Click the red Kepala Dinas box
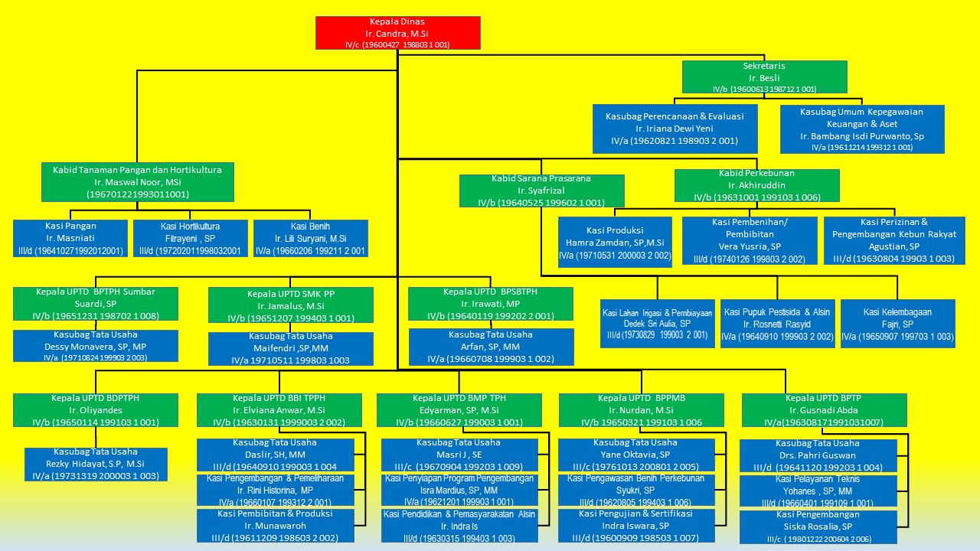tap(398, 33)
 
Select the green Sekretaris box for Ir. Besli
tap(764, 77)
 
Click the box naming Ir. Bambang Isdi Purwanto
tap(862, 129)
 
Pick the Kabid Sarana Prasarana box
tap(542, 191)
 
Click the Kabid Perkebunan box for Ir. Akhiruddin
tap(756, 185)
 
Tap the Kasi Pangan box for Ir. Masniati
tap(70, 238)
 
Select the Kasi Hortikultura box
tap(191, 238)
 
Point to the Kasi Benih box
tap(311, 238)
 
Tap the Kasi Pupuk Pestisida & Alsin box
tap(777, 324)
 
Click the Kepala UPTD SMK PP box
tap(291, 305)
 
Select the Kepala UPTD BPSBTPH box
tap(491, 304)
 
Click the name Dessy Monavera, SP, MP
tap(96, 346)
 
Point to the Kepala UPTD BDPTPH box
tap(96, 410)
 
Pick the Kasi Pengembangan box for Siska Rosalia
tap(818, 527)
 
